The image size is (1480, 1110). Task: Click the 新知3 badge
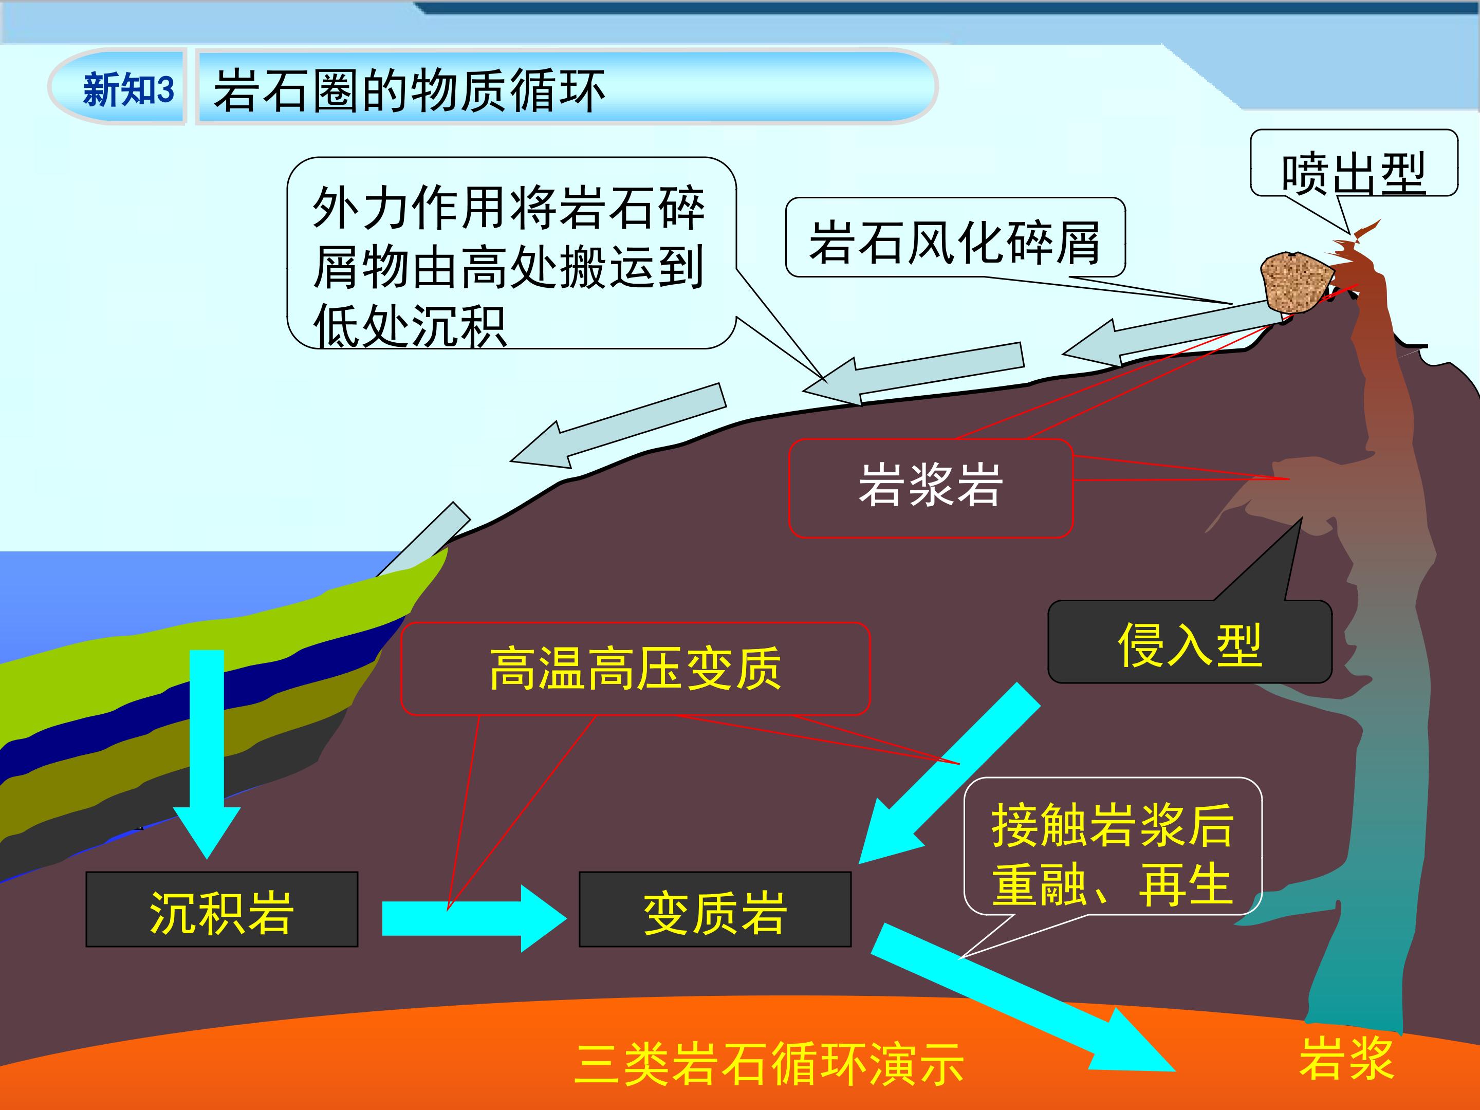pos(117,87)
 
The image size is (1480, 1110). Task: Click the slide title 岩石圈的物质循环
pos(410,90)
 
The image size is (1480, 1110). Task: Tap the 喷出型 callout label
pos(1354,162)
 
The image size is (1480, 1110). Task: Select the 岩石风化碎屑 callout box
pos(955,237)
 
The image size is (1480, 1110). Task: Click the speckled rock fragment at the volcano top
pos(1294,282)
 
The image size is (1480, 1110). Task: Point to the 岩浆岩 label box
pos(931,488)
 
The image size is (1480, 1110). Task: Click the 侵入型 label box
pos(1190,642)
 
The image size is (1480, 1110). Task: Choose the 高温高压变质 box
pos(635,669)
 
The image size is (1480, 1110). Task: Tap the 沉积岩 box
pos(221,909)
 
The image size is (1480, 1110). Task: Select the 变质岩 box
pos(715,909)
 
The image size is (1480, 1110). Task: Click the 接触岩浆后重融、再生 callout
pos(1113,846)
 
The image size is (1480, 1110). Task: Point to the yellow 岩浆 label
pos(1346,1059)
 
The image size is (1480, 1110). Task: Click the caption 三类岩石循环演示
pos(769,1064)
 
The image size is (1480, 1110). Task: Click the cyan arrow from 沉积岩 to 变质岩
pos(474,918)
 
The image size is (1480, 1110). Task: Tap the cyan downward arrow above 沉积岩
pos(207,754)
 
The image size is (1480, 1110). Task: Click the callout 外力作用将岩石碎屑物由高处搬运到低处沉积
pos(512,253)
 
